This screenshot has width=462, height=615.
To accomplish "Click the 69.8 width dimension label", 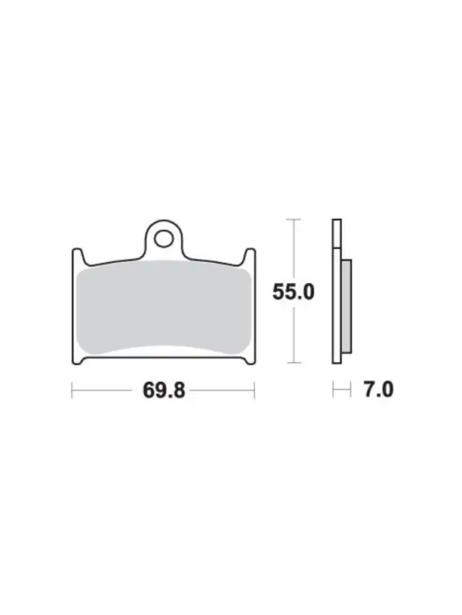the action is pyautogui.click(x=164, y=391).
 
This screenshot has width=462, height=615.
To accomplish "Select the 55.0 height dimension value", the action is pyautogui.click(x=293, y=292).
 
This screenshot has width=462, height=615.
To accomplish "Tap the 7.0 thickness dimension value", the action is pyautogui.click(x=378, y=390).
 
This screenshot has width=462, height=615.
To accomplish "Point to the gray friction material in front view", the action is pyautogui.click(x=164, y=307).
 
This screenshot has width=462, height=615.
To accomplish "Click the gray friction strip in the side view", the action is pyautogui.click(x=346, y=306).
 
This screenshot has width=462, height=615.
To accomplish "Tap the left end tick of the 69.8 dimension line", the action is pyautogui.click(x=72, y=391).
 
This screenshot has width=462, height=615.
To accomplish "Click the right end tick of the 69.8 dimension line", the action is pyautogui.click(x=255, y=391).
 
